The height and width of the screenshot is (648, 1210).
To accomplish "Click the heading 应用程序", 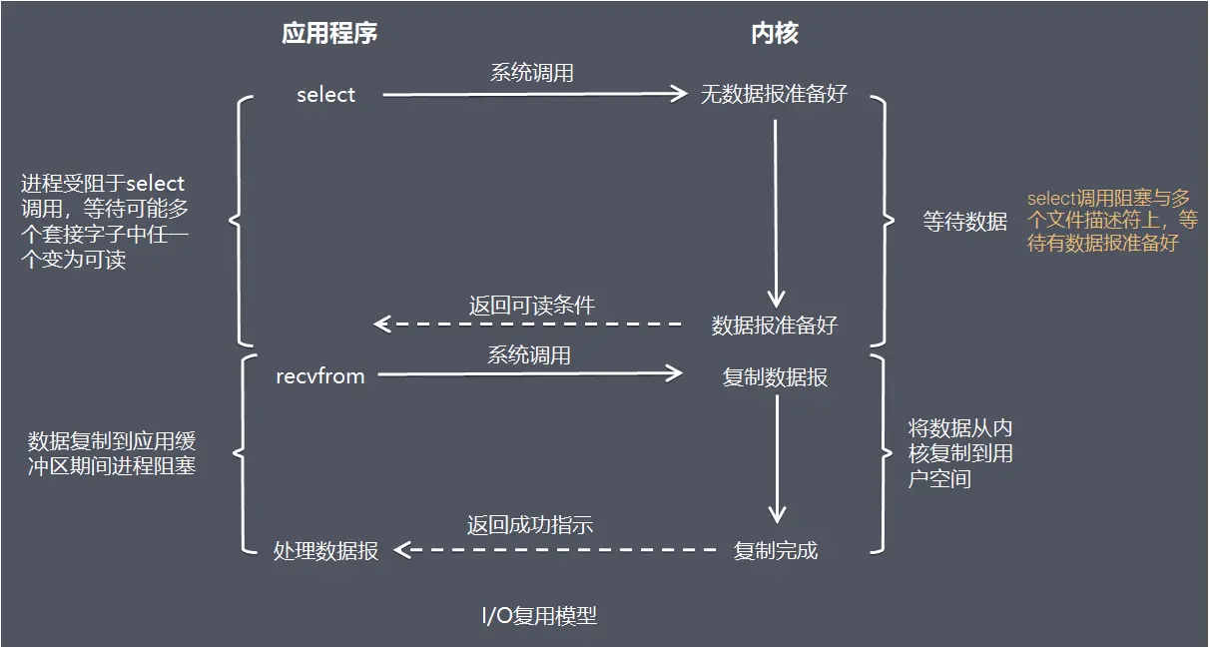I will (x=329, y=34).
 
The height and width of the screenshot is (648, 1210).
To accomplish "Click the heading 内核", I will (x=775, y=34).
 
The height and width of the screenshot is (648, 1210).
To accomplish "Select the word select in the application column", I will (x=326, y=95).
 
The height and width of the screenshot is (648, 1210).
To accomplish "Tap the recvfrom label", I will (x=320, y=376).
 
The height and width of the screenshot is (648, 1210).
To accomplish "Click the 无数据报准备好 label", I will (x=775, y=95).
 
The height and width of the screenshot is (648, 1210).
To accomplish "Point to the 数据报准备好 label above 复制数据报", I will (x=775, y=324).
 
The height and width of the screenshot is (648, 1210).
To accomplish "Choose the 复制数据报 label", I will (x=775, y=377).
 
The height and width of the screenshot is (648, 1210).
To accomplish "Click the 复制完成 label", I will (x=776, y=550).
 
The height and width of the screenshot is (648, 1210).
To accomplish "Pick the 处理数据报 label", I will (x=326, y=551).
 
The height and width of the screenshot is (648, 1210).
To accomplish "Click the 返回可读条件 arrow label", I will (x=532, y=306).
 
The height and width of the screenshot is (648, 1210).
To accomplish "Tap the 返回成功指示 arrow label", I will (x=531, y=525).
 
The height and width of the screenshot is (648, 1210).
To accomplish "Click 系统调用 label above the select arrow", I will (x=532, y=73).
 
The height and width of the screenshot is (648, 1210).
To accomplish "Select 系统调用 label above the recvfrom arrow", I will (x=529, y=354).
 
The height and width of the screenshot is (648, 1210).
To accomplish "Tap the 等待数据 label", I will (x=965, y=222).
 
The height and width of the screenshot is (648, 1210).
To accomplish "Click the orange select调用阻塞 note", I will (x=1112, y=221).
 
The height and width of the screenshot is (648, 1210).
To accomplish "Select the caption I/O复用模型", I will (x=539, y=615).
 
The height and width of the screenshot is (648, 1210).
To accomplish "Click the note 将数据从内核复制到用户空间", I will (x=960, y=453).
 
